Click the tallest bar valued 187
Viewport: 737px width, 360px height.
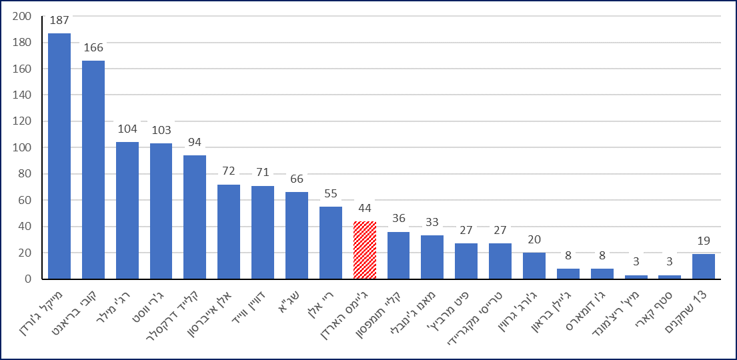point(59,156)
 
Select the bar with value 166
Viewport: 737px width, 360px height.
point(93,170)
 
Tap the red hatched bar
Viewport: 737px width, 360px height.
point(365,250)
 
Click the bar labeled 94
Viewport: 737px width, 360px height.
point(195,217)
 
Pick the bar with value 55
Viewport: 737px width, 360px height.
point(331,243)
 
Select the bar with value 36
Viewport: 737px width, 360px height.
point(398,255)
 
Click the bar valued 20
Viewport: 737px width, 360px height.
point(534,266)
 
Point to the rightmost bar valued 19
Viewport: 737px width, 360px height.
point(704,267)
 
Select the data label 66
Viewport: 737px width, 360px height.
point(297,179)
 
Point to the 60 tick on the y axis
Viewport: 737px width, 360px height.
point(25,200)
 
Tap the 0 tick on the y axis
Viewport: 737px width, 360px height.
point(29,279)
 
